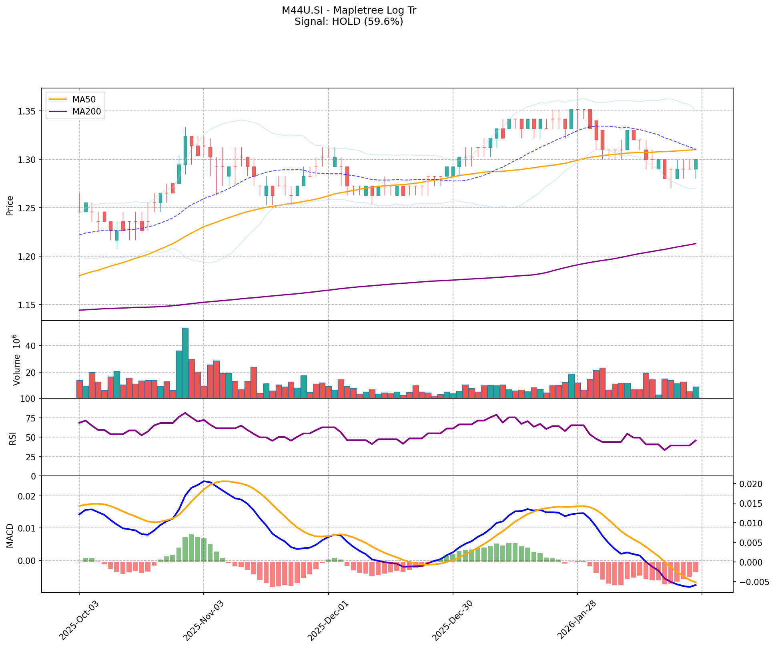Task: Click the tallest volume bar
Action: pyautogui.click(x=185, y=363)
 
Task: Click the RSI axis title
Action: pyautogui.click(x=12, y=437)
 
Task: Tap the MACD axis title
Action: pyautogui.click(x=10, y=536)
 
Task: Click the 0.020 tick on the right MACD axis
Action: pyautogui.click(x=753, y=484)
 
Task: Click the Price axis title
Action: pyautogui.click(x=10, y=205)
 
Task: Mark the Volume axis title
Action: pyautogui.click(x=16, y=360)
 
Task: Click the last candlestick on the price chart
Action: pyautogui.click(x=696, y=164)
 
